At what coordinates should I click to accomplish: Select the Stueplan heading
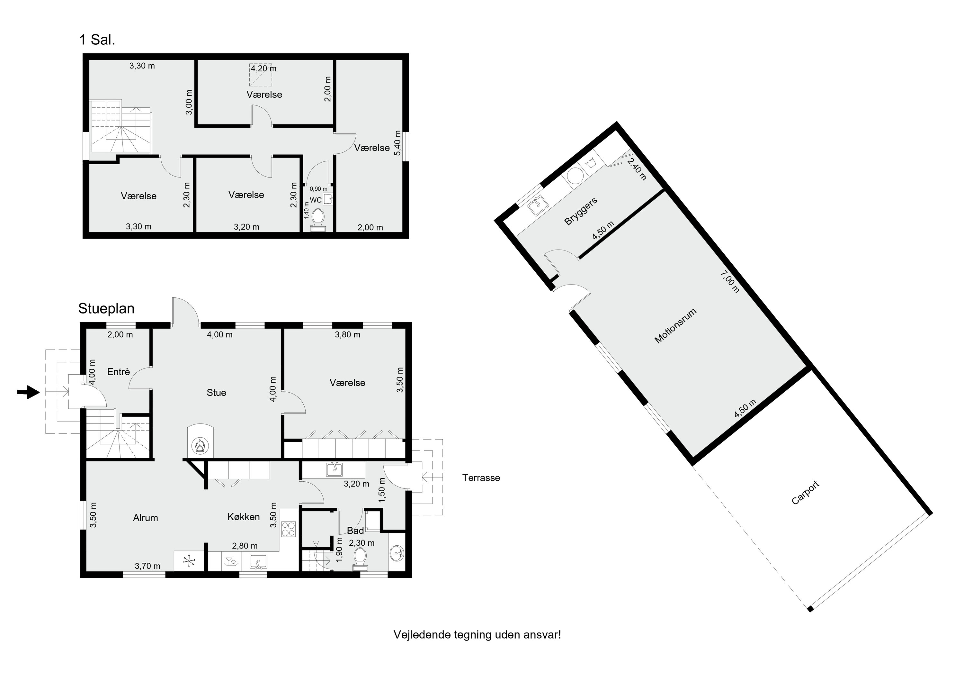[106, 309]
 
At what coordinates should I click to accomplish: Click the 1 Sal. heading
[97, 40]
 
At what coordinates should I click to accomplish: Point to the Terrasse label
[481, 478]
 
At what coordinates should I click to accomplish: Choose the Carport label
[805, 493]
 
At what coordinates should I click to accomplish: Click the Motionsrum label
[675, 326]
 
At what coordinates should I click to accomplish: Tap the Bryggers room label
[581, 211]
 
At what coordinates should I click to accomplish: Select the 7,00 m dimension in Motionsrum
[730, 282]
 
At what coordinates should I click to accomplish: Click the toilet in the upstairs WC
[318, 220]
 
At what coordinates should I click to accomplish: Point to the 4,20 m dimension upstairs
[264, 68]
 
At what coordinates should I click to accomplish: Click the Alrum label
[145, 518]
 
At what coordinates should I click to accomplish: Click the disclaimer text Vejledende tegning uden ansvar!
[477, 634]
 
